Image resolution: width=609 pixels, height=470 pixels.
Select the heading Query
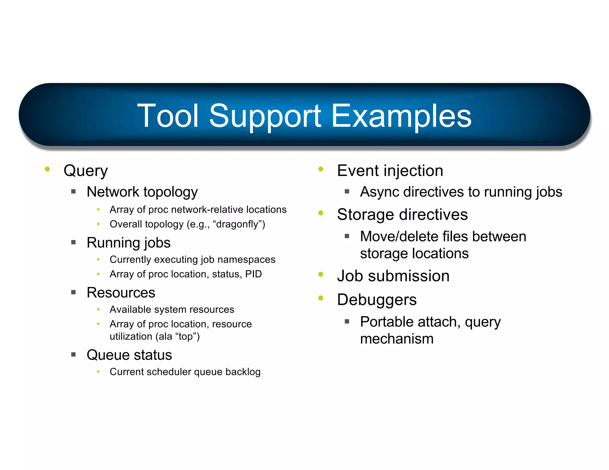(86, 171)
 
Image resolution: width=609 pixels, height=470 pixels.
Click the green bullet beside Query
(47, 169)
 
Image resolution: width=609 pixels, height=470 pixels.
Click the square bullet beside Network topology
(73, 192)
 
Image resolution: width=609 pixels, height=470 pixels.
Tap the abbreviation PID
(253, 274)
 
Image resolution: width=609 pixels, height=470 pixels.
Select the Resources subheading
(121, 293)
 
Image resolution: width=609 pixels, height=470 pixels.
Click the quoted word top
(186, 337)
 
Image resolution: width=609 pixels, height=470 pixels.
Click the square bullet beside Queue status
(73, 354)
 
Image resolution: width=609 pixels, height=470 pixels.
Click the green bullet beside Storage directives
(321, 213)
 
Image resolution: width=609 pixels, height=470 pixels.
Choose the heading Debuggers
(377, 299)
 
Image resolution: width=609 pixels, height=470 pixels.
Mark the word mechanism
(397, 339)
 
